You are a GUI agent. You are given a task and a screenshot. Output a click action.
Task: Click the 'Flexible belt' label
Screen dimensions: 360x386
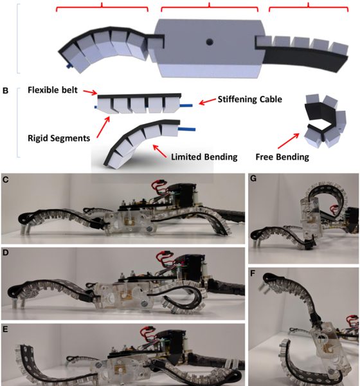point(53,90)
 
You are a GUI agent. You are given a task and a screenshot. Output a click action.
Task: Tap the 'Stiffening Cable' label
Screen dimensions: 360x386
point(250,100)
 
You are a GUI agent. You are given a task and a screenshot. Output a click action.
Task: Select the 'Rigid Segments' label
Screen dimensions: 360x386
point(59,138)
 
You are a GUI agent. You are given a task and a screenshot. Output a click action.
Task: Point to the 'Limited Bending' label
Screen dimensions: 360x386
point(204,157)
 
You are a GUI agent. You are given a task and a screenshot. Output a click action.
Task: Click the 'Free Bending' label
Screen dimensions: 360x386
point(282,157)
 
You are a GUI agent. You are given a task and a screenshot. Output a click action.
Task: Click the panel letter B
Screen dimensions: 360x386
point(5,91)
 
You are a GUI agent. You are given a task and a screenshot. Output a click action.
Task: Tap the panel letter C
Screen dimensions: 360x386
point(5,180)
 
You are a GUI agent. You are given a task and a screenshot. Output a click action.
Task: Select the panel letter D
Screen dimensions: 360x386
point(5,253)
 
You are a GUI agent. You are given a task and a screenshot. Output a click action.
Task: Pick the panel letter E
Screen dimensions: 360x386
point(5,329)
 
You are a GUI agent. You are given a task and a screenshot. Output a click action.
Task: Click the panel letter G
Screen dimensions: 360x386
point(253,178)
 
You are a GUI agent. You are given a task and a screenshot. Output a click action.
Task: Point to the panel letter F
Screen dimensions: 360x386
point(253,273)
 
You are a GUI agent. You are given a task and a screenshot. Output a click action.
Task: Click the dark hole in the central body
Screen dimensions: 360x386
point(210,42)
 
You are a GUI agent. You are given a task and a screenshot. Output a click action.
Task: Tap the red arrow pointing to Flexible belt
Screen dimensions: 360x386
point(90,92)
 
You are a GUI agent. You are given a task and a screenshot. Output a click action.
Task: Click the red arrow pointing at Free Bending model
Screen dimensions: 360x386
point(289,141)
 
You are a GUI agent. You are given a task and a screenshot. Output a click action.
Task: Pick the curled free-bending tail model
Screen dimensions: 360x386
point(325,122)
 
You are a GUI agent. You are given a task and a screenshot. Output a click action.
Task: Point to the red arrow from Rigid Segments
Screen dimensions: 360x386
point(103,127)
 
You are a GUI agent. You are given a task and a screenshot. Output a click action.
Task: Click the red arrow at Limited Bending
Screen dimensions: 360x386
point(160,151)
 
